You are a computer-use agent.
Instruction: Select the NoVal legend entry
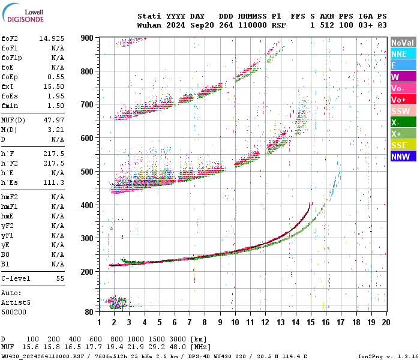(x=403, y=43)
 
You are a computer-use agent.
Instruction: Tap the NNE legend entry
(x=399, y=54)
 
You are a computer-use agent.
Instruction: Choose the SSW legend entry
(x=400, y=111)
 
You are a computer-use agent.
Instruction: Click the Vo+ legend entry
(x=399, y=100)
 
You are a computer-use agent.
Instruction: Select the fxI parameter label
(x=8, y=86)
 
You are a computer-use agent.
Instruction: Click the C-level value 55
(x=60, y=279)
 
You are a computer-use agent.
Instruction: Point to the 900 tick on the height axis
(x=88, y=38)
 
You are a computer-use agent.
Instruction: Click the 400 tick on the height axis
(x=88, y=205)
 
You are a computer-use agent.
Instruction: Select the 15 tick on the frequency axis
(x=311, y=322)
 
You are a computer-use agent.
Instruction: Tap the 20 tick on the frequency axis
(x=386, y=322)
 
